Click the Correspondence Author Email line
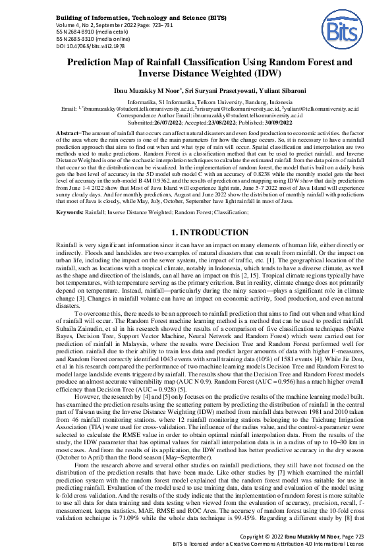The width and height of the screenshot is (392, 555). [x=196, y=115]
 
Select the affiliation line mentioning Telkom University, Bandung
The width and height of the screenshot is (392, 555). [x=196, y=102]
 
